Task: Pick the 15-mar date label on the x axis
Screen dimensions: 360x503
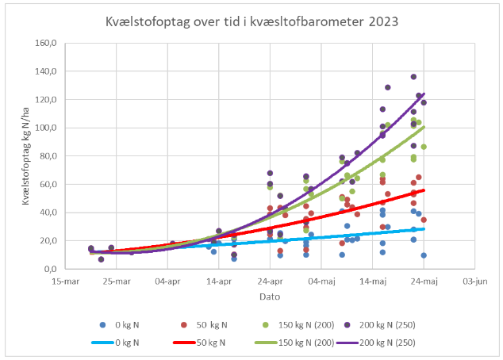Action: coord(64,281)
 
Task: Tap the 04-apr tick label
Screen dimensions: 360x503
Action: coord(167,281)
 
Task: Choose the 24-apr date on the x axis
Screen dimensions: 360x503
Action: coord(271,281)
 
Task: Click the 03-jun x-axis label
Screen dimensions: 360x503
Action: coord(475,281)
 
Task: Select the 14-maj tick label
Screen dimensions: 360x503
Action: coord(373,281)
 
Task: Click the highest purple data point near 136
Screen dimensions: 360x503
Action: coord(413,77)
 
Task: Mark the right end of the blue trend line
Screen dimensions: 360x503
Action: coord(424,228)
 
